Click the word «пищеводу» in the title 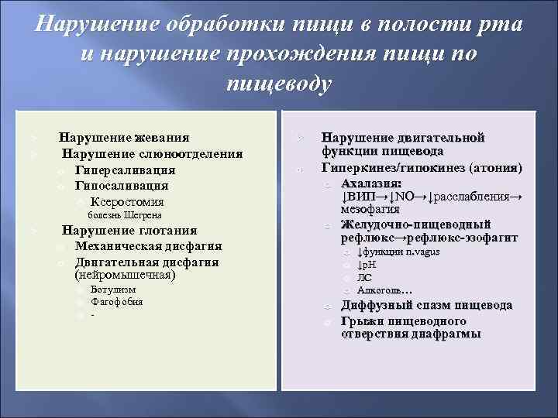[279, 84]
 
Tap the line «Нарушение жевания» [124, 138]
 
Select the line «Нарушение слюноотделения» [152, 154]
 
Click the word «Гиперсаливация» [125, 170]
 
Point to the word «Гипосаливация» [122, 186]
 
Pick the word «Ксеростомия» [127, 201]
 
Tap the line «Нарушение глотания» [129, 231]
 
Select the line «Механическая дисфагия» [148, 246]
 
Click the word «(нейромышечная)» [125, 274]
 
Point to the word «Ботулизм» [114, 290]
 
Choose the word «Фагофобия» [117, 302]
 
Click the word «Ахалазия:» [372, 183]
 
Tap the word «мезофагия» [370, 209]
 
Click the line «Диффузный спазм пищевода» [426, 305]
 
